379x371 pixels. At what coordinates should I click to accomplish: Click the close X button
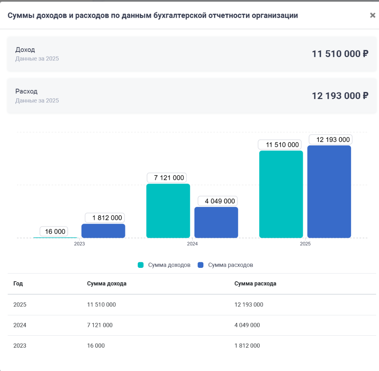tap(372, 15)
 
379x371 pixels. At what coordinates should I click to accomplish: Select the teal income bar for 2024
tap(168, 211)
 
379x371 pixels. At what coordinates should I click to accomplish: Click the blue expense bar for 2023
tap(103, 231)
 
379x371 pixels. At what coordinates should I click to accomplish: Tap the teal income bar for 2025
tap(281, 194)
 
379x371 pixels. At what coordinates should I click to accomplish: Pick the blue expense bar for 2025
tap(329, 191)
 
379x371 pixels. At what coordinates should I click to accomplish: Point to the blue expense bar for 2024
tap(216, 223)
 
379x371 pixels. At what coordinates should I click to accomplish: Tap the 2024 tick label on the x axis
tap(192, 244)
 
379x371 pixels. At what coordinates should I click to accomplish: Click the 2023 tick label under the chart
tap(79, 244)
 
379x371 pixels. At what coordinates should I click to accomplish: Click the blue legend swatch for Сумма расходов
tap(200, 265)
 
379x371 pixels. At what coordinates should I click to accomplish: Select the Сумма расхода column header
tap(255, 283)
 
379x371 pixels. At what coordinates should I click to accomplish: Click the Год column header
tap(18, 283)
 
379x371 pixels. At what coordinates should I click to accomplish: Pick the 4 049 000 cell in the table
tap(247, 325)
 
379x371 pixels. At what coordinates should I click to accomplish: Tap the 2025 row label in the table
tap(20, 305)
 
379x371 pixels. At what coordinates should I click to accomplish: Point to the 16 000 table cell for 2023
tap(96, 346)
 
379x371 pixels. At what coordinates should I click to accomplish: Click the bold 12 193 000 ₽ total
tap(340, 96)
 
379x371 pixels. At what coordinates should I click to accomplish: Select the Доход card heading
tap(25, 49)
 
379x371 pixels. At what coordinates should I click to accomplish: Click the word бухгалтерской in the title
tap(180, 16)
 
